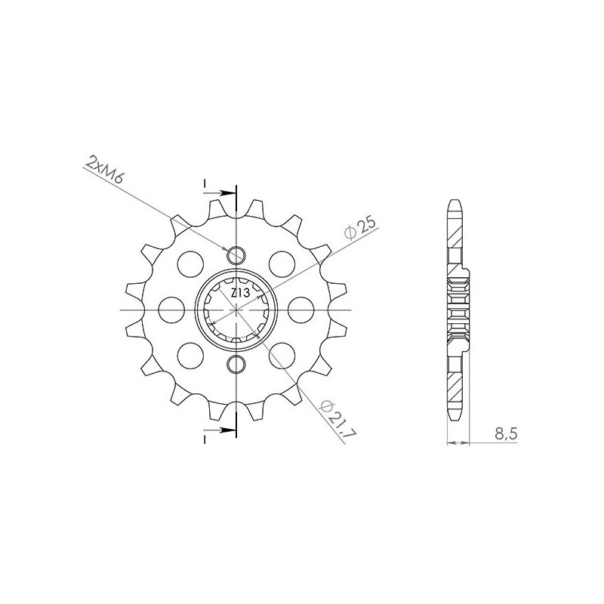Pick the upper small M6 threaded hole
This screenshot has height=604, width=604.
pos(236,254)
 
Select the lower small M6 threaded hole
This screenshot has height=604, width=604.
pos(236,366)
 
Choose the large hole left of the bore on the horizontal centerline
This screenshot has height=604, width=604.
pos(173,310)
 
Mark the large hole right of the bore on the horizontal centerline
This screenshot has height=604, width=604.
pos(300,310)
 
